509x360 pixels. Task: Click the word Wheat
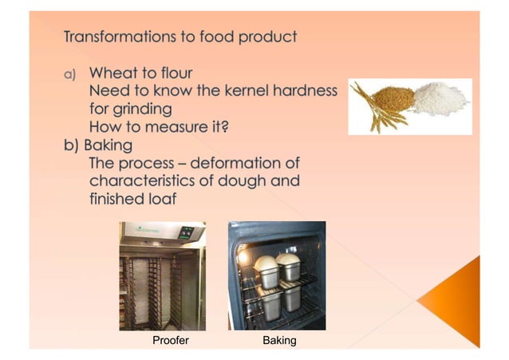pos(118,73)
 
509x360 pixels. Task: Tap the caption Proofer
pos(171,341)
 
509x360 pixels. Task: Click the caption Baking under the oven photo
pos(279,341)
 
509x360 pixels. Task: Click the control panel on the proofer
pos(187,233)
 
